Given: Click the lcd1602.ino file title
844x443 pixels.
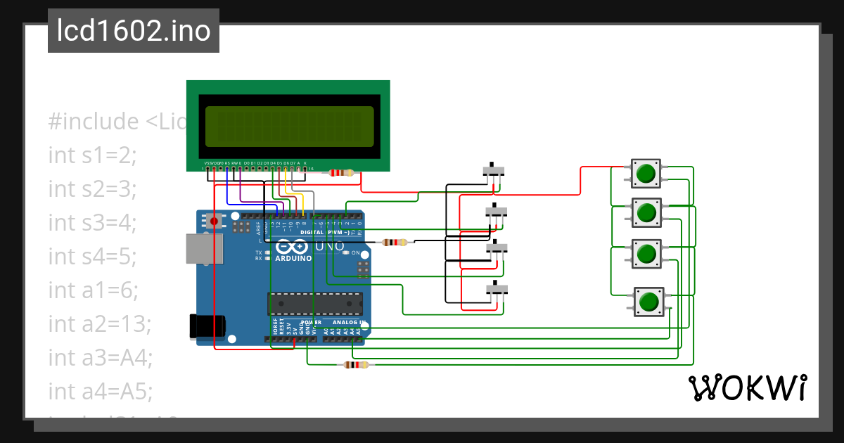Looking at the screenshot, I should pyautogui.click(x=133, y=32).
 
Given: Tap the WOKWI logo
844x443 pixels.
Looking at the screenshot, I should pyautogui.click(x=747, y=387).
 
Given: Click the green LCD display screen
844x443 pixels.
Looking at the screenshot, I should pyautogui.click(x=288, y=125).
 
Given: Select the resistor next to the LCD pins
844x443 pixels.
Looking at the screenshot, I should pyautogui.click(x=341, y=173).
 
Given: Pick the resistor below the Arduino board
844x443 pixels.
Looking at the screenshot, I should pyautogui.click(x=355, y=364).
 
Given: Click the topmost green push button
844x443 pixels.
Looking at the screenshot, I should pyautogui.click(x=646, y=172).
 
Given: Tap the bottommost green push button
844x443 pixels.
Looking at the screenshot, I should pyautogui.click(x=648, y=302).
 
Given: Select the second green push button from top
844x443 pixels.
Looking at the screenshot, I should pyautogui.click(x=646, y=211).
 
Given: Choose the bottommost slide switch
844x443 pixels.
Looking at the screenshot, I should pyautogui.click(x=497, y=289).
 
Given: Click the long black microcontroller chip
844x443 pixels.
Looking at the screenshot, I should pyautogui.click(x=314, y=303).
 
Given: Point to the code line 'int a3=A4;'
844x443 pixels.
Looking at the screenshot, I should pyautogui.click(x=100, y=357).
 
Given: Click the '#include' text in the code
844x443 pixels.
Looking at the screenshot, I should pyautogui.click(x=94, y=121).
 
